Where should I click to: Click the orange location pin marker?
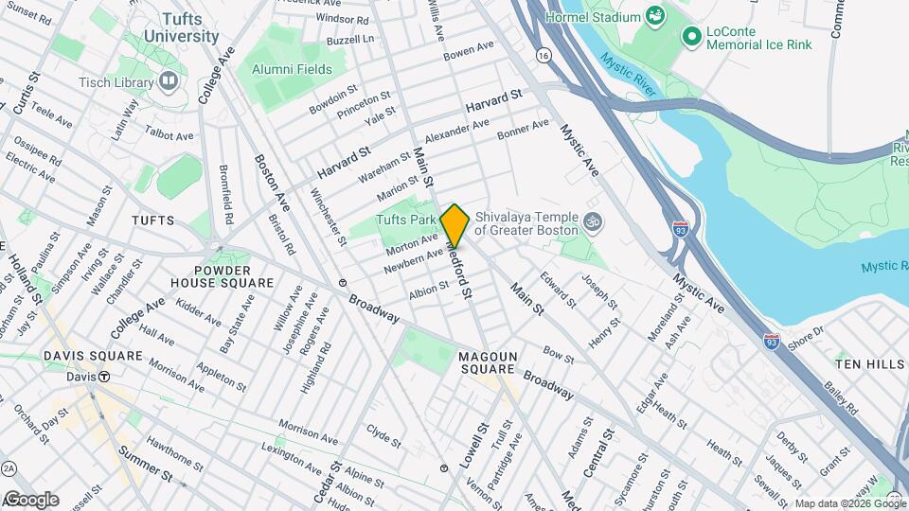pyautogui.click(x=454, y=226)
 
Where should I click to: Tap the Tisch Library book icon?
pyautogui.click(x=169, y=82)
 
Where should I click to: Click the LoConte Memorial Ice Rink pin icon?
pyautogui.click(x=691, y=36)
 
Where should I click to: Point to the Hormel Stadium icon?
pyautogui.click(x=653, y=15)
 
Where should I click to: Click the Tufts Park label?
pyautogui.click(x=406, y=220)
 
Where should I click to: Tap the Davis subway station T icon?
pyautogui.click(x=104, y=376)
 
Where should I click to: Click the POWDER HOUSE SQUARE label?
pyautogui.click(x=223, y=275)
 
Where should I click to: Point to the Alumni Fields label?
pyautogui.click(x=292, y=69)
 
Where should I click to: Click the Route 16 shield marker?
pyautogui.click(x=542, y=56)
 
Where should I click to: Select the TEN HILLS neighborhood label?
pyautogui.click(x=865, y=362)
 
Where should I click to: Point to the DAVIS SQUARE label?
pyautogui.click(x=93, y=356)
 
